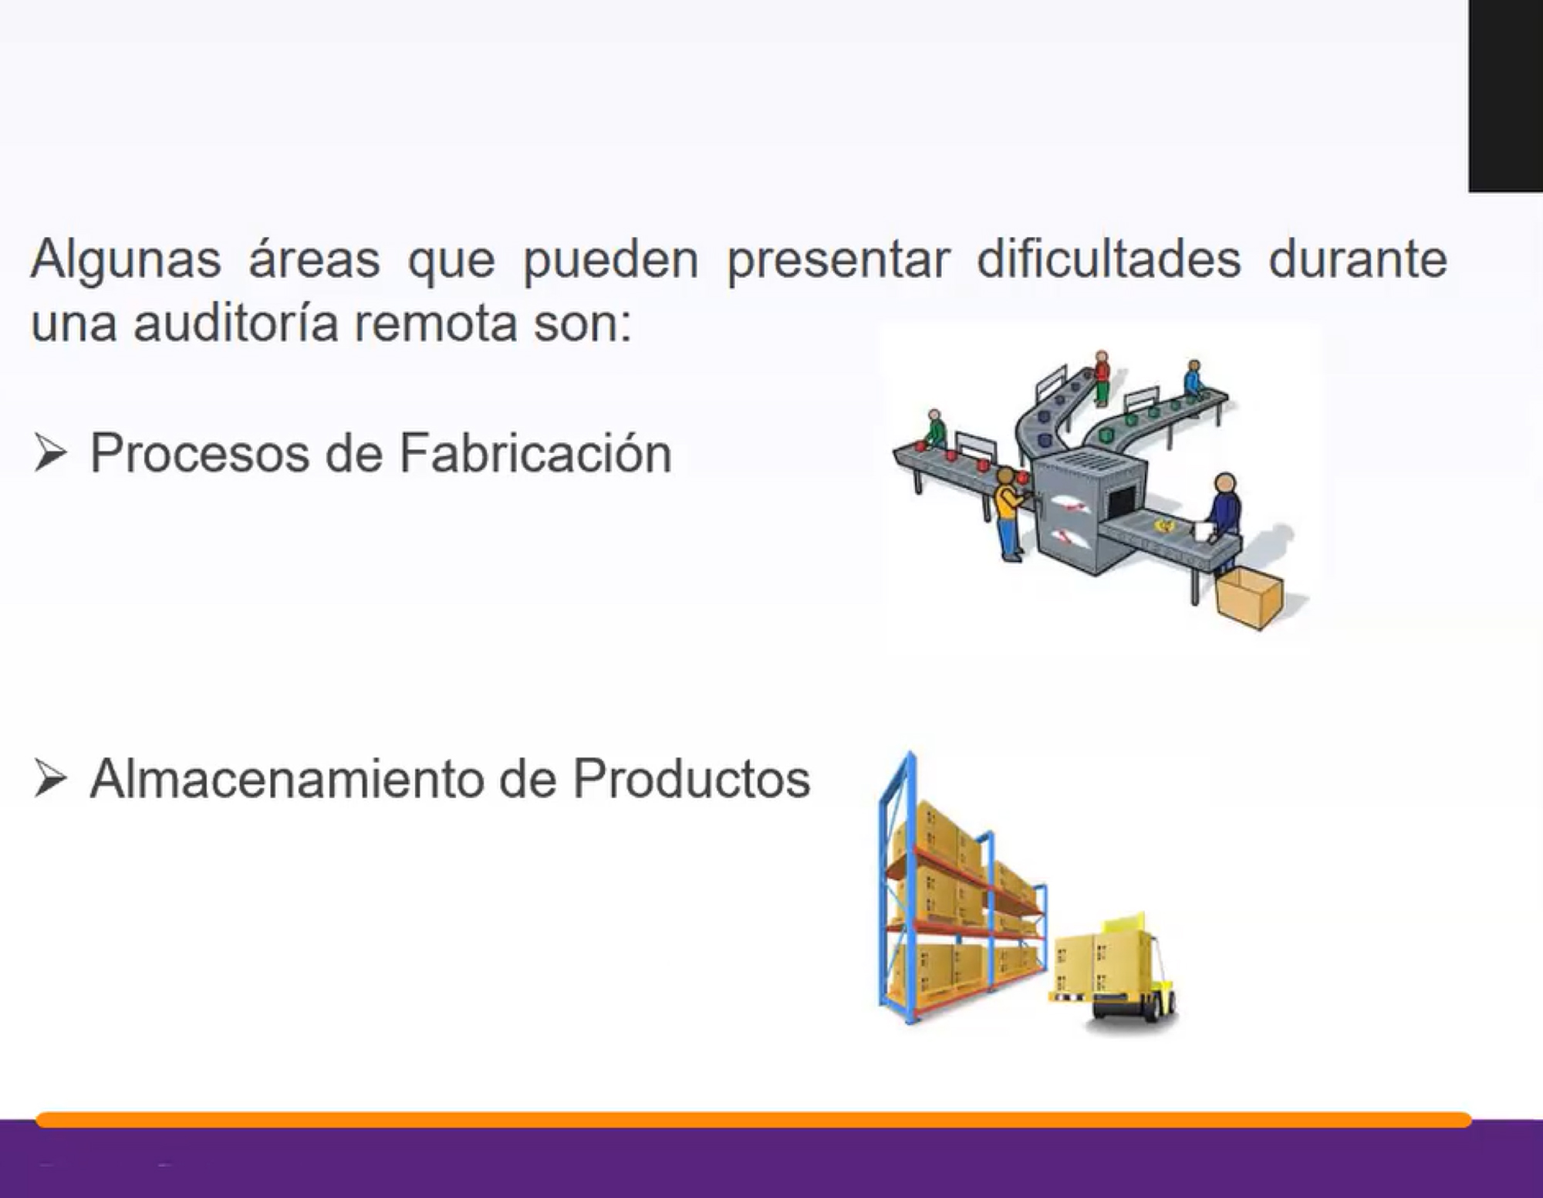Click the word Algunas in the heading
point(126,260)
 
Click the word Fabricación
point(535,453)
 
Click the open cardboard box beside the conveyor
point(1249,597)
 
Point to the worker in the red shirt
point(1102,378)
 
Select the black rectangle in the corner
point(1505,96)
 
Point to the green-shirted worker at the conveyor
point(935,429)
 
